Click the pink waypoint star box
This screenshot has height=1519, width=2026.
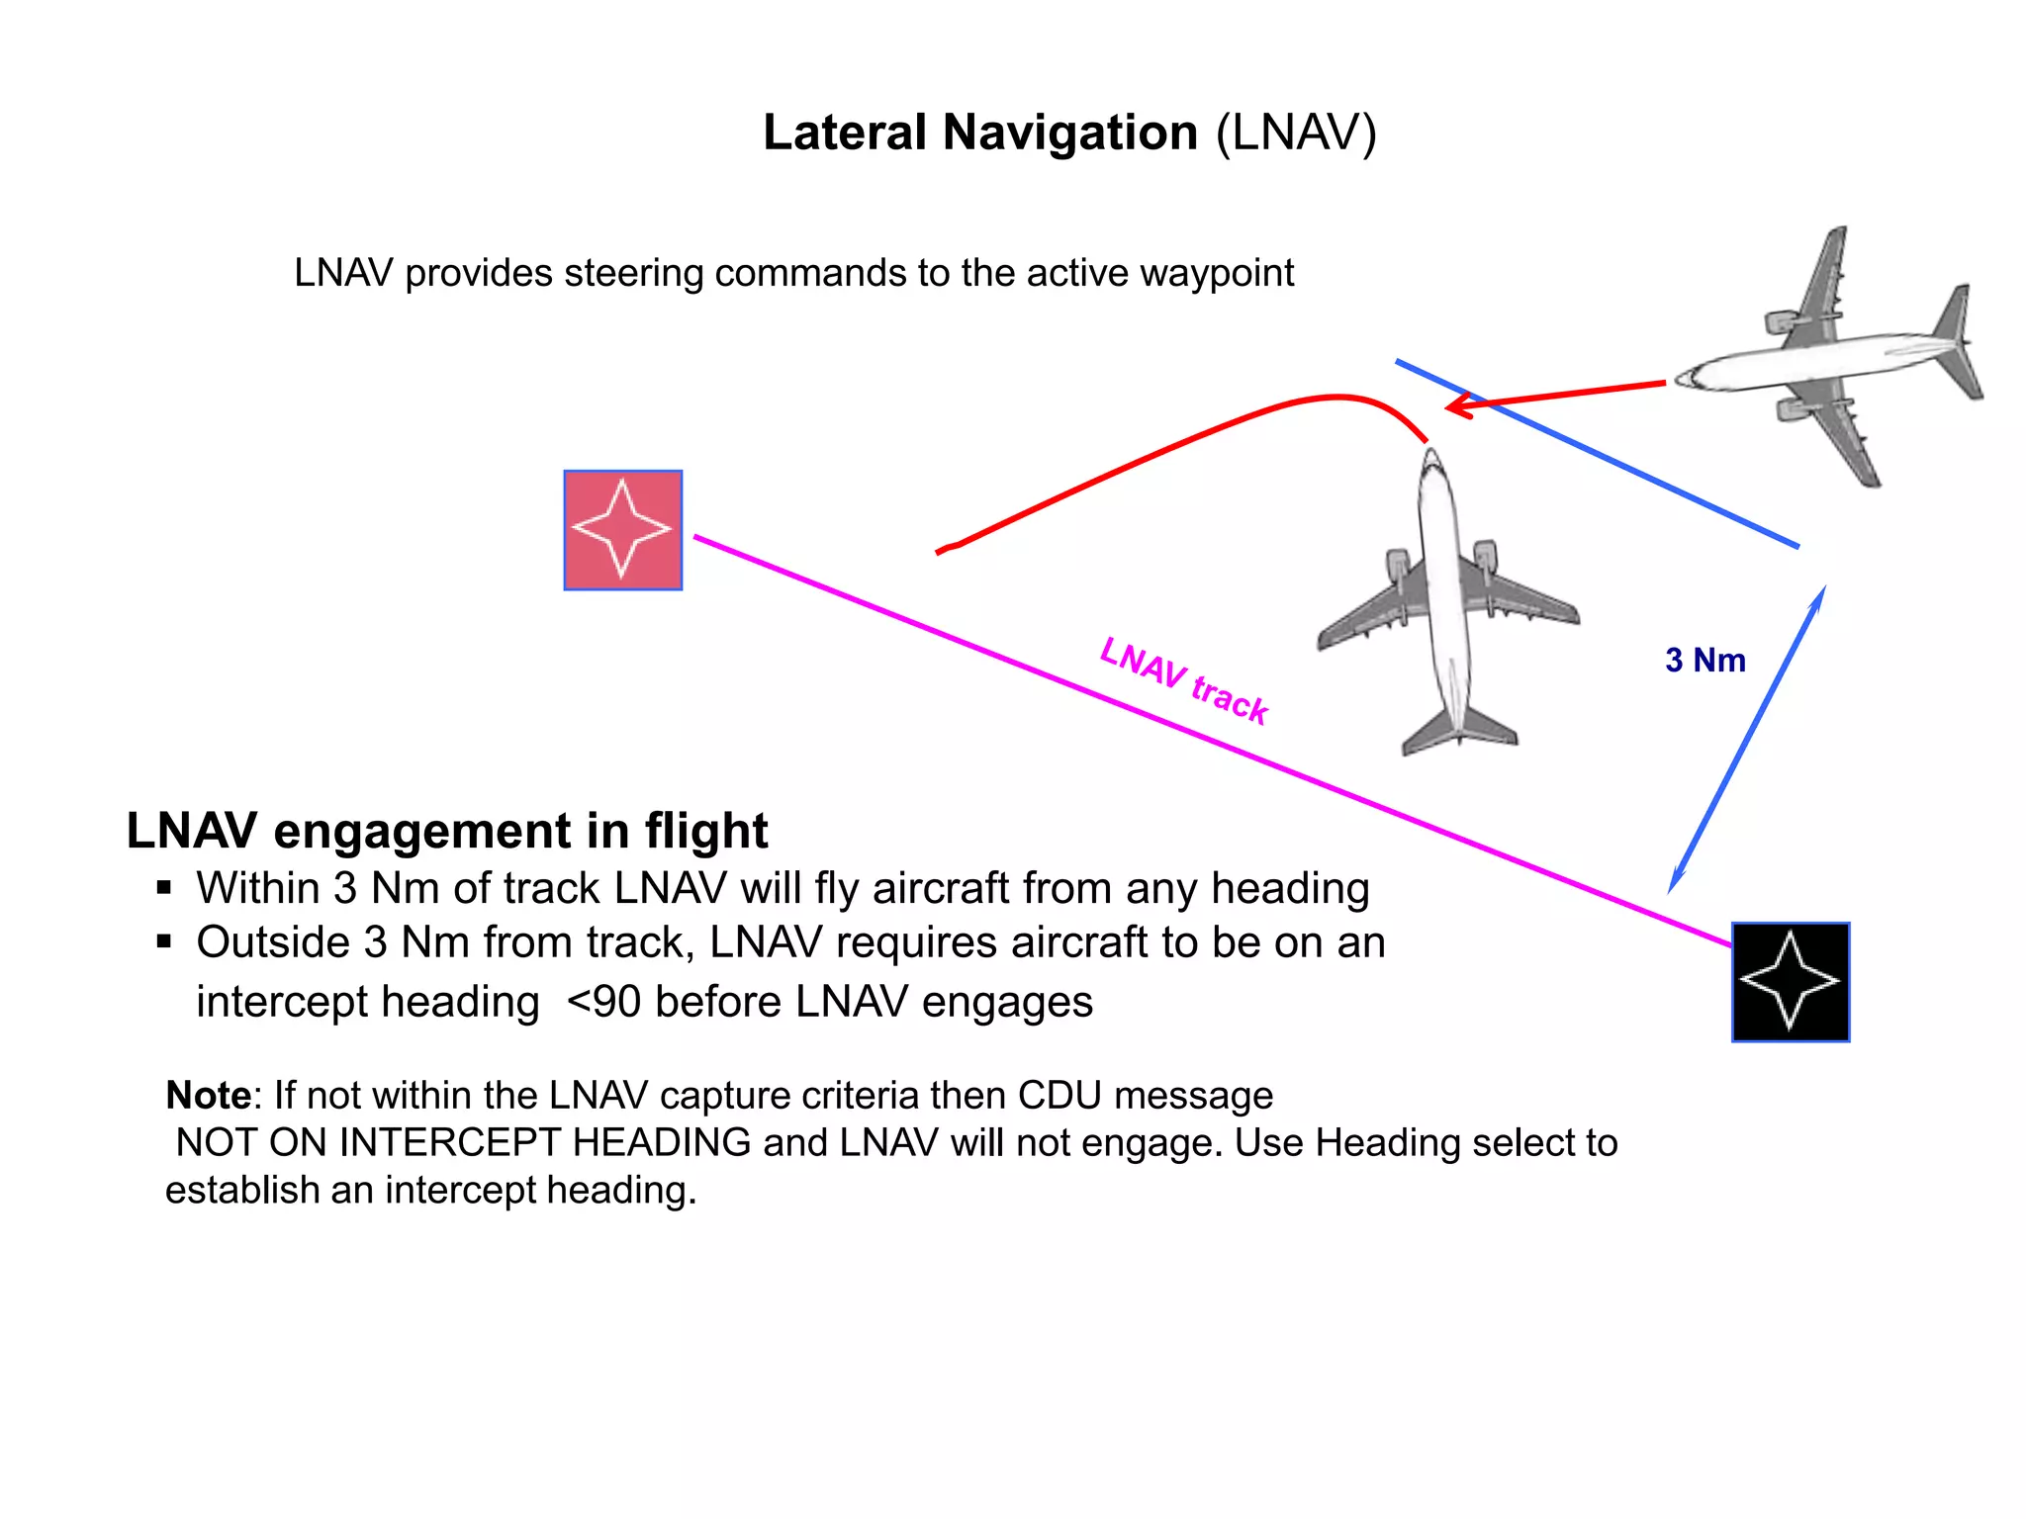623,530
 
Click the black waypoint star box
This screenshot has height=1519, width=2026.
1791,982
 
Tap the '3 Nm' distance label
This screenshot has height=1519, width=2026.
1705,660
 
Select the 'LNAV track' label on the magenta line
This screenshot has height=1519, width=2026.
1184,681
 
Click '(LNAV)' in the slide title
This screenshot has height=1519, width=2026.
1296,133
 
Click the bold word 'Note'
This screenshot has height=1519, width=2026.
209,1095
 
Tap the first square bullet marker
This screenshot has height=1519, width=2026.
164,887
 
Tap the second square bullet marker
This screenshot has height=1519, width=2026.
164,941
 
